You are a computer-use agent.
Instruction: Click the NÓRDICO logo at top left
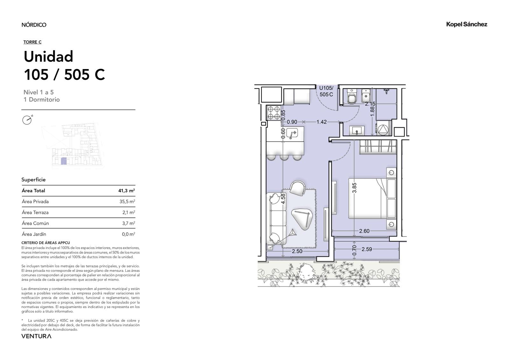[34, 25]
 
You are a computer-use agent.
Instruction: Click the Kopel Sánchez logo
[467, 24]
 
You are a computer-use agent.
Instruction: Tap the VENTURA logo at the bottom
[36, 336]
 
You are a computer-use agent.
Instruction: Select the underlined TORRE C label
[32, 42]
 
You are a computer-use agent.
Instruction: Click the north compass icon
[27, 120]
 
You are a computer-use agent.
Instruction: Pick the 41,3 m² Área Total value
[127, 191]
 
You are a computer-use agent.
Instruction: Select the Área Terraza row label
[35, 212]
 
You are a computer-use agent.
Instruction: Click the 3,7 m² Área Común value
[129, 223]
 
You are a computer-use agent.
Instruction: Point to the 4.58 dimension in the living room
[283, 199]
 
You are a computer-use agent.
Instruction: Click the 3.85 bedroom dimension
[354, 188]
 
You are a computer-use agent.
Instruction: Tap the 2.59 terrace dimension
[367, 249]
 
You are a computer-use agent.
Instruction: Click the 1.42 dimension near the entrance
[322, 122]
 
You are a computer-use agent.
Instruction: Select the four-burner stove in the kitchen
[274, 113]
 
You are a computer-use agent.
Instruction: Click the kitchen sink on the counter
[292, 133]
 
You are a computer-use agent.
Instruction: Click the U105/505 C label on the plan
[326, 91]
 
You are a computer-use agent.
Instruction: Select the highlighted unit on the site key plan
[64, 161]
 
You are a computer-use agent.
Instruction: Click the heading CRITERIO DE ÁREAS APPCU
[46, 243]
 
